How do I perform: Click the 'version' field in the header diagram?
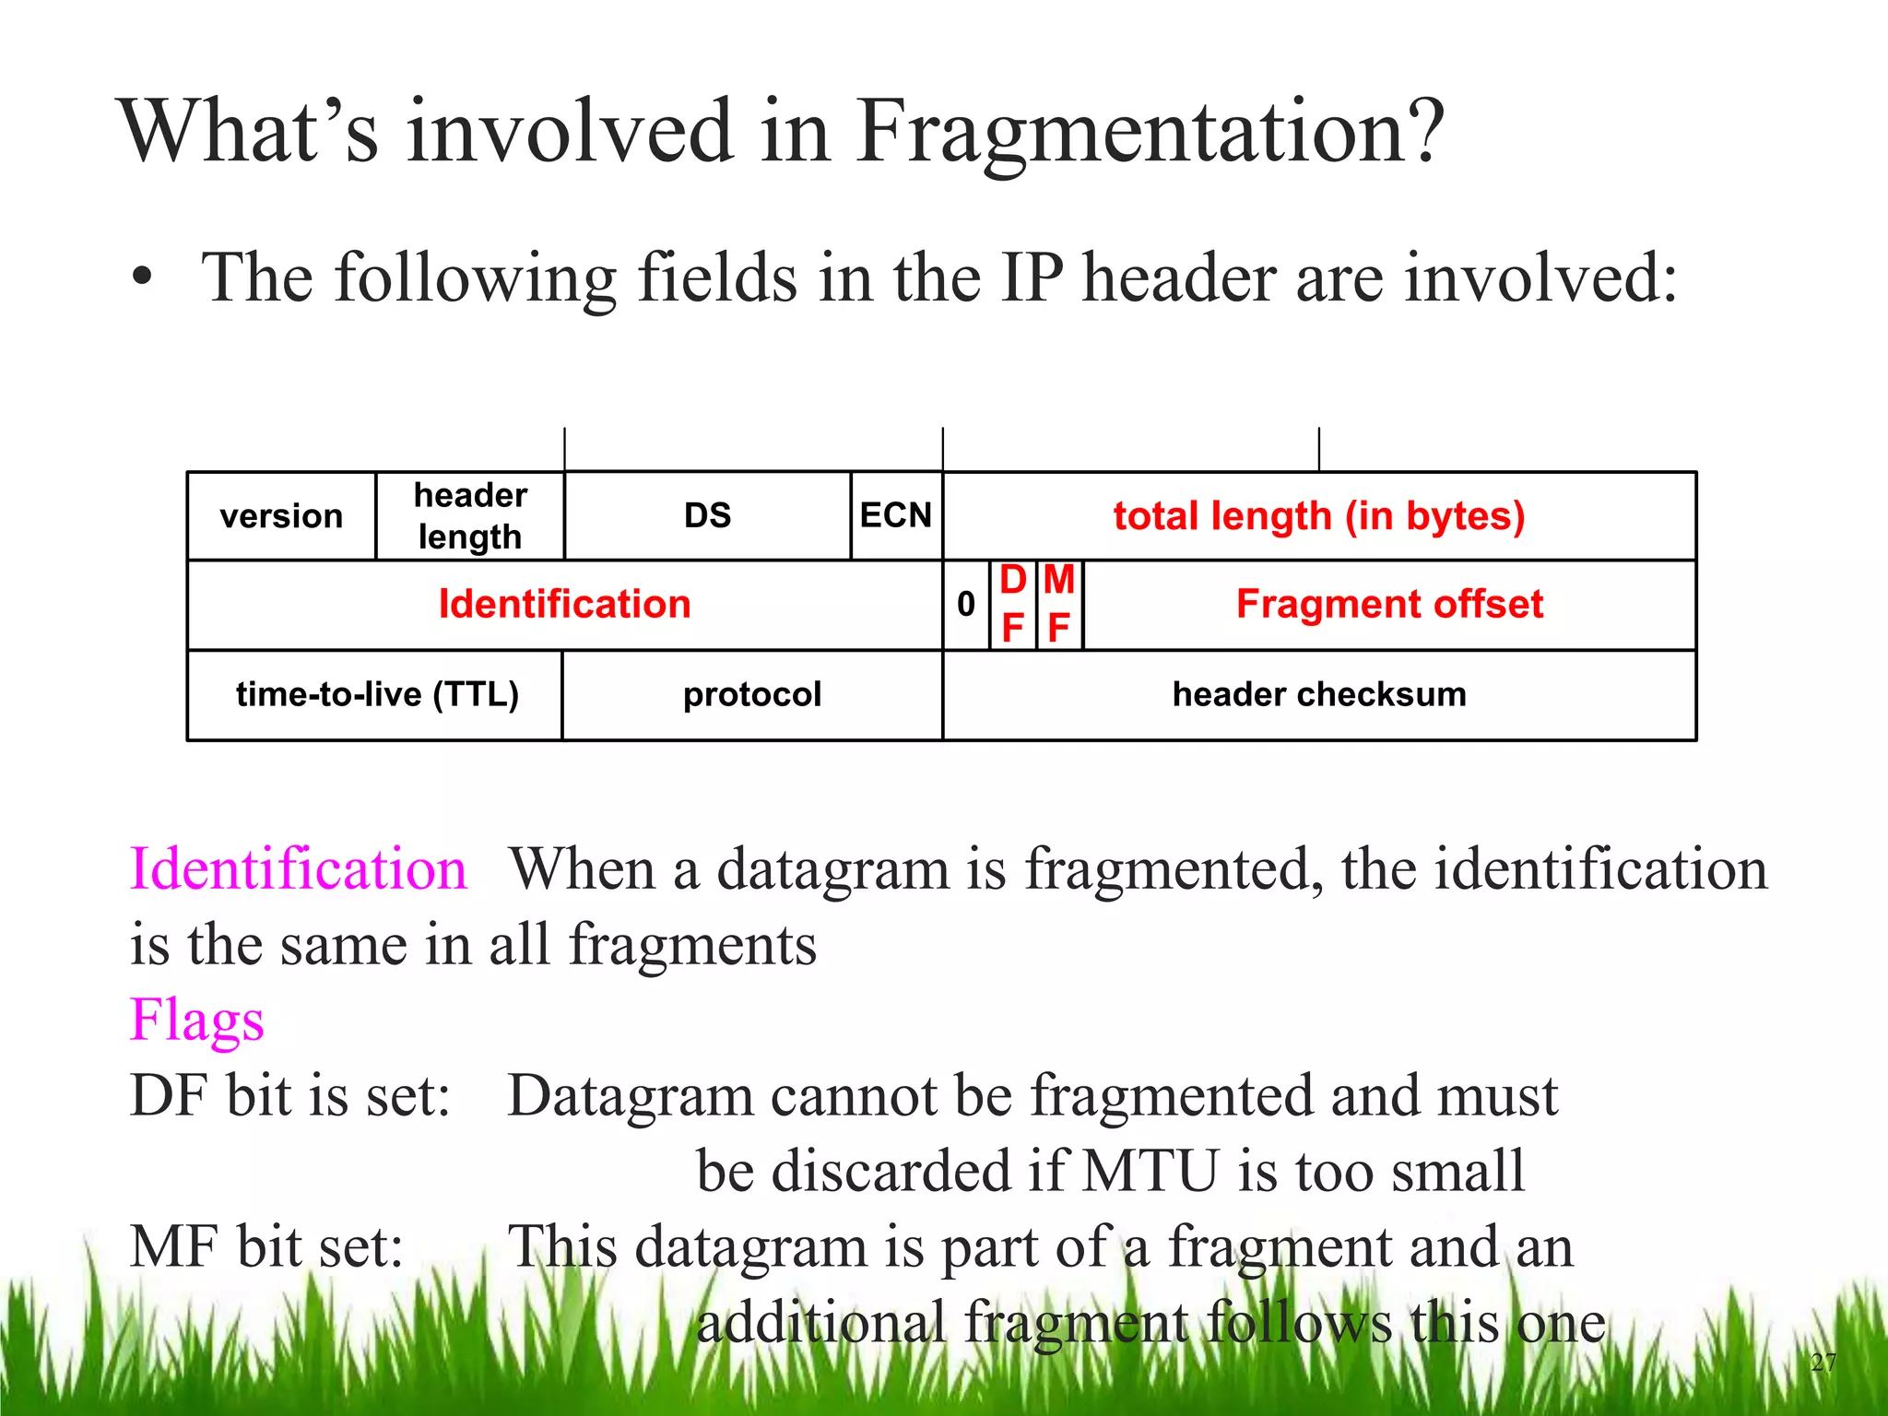(281, 516)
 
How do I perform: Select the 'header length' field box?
(470, 516)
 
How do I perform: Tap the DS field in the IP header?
(707, 515)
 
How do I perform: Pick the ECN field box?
(896, 515)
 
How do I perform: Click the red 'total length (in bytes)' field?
(1319, 516)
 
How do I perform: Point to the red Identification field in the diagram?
(564, 605)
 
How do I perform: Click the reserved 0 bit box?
(966, 605)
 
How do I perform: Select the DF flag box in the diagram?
(1013, 605)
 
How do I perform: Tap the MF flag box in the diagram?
(1059, 605)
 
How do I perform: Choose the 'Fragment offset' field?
(1389, 605)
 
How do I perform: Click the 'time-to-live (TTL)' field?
(377, 694)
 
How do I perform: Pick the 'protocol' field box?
(752, 694)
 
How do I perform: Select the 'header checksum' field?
(1319, 694)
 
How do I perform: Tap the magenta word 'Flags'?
(197, 1021)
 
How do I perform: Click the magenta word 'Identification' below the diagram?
(298, 868)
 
